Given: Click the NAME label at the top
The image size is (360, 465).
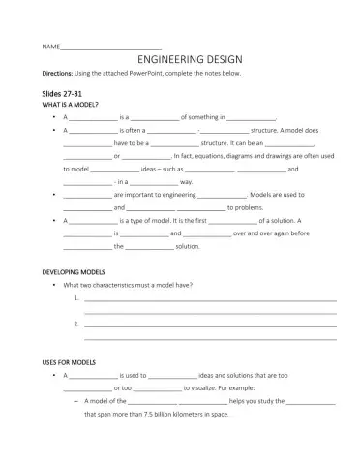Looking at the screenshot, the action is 50,46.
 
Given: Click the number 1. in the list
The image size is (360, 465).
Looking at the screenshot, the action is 75,299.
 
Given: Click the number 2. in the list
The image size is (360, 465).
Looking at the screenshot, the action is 75,325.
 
